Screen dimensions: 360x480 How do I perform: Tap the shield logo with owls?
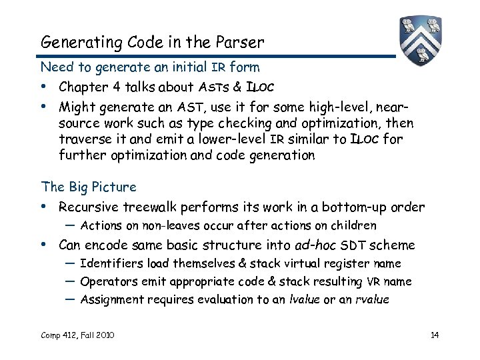tap(422, 39)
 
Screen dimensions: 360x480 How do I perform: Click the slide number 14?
tap(434, 334)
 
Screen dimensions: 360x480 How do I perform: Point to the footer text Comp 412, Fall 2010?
tap(77, 334)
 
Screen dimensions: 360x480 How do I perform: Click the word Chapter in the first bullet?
tap(83, 87)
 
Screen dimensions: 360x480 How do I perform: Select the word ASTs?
tap(213, 87)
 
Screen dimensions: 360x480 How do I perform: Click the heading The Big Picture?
tap(88, 187)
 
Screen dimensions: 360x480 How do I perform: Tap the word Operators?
tap(107, 281)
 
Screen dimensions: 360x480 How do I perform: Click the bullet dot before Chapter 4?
tap(44, 87)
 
